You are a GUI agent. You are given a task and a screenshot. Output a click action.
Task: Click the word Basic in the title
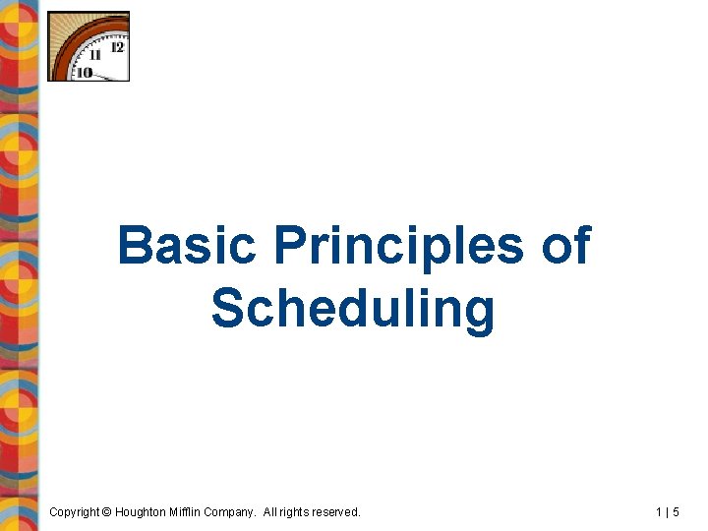[185, 247]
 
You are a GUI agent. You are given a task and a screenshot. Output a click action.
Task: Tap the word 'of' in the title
[565, 247]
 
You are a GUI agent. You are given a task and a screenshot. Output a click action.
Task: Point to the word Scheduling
[353, 309]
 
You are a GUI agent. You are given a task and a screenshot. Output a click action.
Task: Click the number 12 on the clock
[118, 46]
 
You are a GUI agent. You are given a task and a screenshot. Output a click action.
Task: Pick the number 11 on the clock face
[95, 57]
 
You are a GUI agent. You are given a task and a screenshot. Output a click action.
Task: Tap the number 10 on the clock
[85, 72]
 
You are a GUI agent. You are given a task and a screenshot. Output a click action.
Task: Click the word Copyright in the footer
[74, 512]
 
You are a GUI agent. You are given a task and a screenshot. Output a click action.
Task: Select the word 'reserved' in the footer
[339, 512]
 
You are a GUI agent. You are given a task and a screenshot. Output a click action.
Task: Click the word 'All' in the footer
[273, 512]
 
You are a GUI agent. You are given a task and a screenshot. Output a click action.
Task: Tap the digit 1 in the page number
[659, 512]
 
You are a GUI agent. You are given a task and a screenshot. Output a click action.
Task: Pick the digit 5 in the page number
[676, 512]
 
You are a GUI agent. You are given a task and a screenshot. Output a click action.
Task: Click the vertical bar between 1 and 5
[668, 512]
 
